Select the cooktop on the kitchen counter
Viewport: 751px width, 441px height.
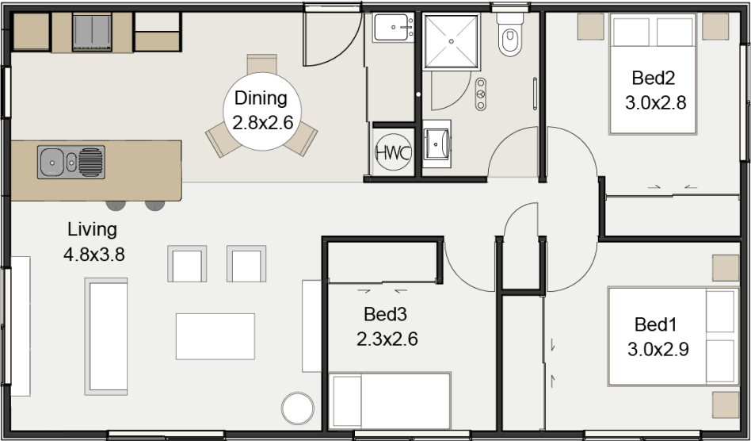92,33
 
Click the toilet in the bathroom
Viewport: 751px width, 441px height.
509,35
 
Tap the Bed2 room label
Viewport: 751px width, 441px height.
653,79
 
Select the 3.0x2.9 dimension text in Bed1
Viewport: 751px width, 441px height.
658,349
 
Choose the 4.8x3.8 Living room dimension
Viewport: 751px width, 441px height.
93,255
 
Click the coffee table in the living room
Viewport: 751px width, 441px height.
215,336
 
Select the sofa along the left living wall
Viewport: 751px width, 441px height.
107,330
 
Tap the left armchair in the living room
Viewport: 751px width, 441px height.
187,264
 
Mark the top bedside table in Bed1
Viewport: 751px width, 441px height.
725,268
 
